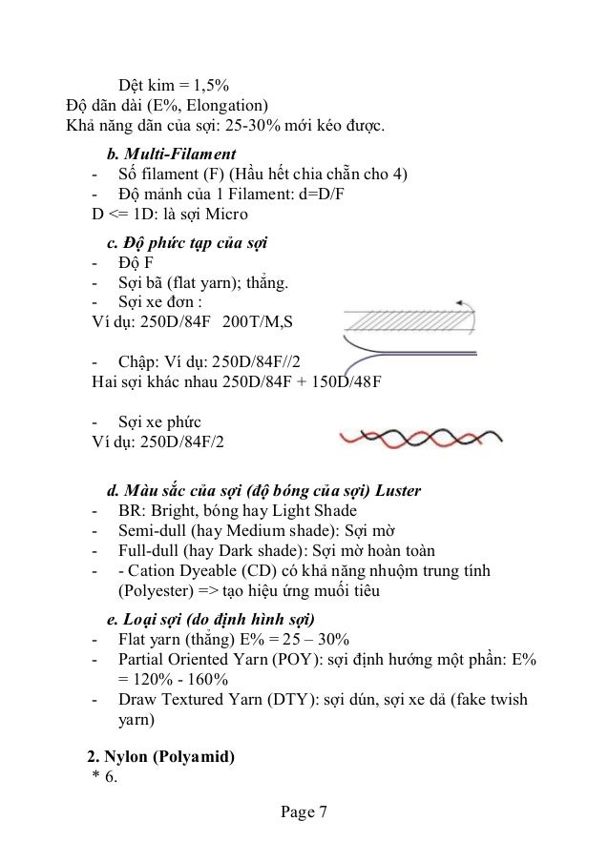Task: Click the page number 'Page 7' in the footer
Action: [x=304, y=813]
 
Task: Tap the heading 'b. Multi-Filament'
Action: [x=171, y=153]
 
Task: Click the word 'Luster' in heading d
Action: [x=394, y=491]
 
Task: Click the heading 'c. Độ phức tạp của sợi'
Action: [x=186, y=242]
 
